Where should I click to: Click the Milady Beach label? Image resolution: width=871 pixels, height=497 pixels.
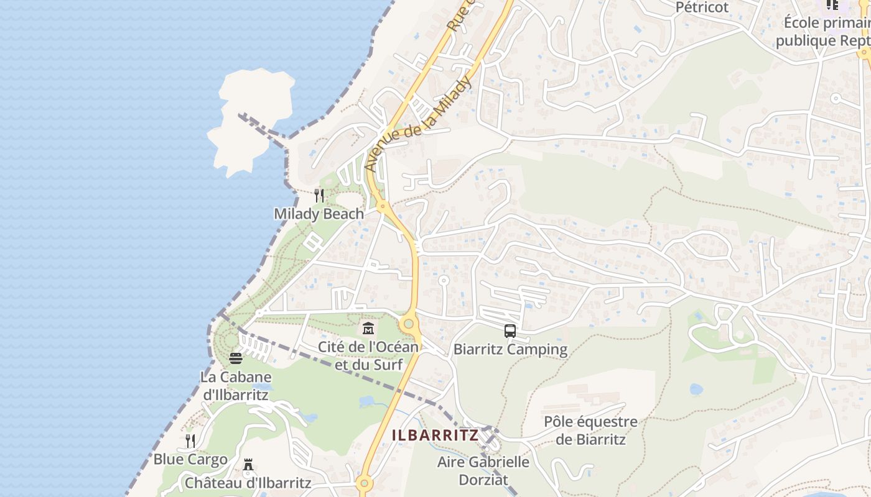(x=319, y=214)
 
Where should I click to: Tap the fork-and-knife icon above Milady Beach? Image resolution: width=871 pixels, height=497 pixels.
(x=319, y=196)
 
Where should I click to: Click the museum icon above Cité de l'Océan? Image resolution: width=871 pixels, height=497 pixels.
(x=368, y=328)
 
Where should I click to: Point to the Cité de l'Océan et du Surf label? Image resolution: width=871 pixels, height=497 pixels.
(x=368, y=355)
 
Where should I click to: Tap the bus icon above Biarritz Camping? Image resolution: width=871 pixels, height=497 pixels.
(x=510, y=331)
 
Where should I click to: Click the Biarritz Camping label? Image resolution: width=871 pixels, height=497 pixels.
(x=510, y=349)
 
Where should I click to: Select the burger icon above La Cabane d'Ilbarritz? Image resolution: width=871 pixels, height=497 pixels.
(x=235, y=358)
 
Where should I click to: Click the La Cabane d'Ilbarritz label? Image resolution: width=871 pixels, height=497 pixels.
(x=235, y=385)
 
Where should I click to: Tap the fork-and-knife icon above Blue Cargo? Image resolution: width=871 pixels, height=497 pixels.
(x=190, y=441)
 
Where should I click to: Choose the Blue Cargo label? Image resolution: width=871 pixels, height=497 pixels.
(x=190, y=460)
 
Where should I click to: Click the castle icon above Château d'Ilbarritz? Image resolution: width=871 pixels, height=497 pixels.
(x=248, y=465)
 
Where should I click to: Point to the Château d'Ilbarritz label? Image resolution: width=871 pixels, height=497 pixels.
(x=248, y=482)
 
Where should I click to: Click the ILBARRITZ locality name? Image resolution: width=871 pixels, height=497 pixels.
(x=435, y=435)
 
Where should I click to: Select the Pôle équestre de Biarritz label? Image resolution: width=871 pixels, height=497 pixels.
(x=590, y=431)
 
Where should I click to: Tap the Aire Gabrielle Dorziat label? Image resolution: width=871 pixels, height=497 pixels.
(x=483, y=470)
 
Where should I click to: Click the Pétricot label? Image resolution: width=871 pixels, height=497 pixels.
(x=702, y=7)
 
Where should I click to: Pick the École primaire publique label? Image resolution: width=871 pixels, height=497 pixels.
(x=824, y=32)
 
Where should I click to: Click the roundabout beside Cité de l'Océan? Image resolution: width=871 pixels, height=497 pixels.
(x=408, y=324)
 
